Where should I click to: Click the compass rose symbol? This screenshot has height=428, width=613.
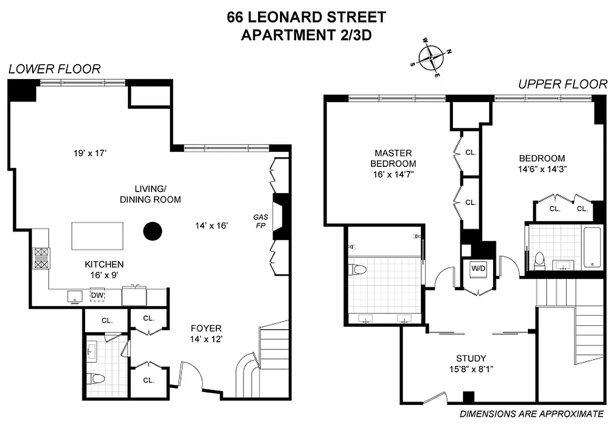pyautogui.click(x=431, y=57)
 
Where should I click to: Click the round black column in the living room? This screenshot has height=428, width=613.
pyautogui.click(x=153, y=231)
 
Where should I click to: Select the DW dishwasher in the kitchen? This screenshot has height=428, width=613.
pyautogui.click(x=97, y=295)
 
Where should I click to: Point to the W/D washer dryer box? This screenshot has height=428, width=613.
pyautogui.click(x=476, y=268)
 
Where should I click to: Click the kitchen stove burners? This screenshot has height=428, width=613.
pyautogui.click(x=41, y=258)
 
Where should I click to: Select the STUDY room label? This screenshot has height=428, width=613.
pyautogui.click(x=471, y=358)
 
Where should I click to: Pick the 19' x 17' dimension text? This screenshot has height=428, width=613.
pyautogui.click(x=90, y=154)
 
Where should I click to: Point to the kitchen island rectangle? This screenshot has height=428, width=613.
pyautogui.click(x=97, y=235)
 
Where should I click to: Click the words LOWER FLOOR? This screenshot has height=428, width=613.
pyautogui.click(x=54, y=69)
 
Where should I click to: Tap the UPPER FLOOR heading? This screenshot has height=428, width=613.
pyautogui.click(x=562, y=84)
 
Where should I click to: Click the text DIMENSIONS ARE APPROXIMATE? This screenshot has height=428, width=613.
pyautogui.click(x=532, y=414)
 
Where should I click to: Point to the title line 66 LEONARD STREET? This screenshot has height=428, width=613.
pyautogui.click(x=306, y=17)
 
